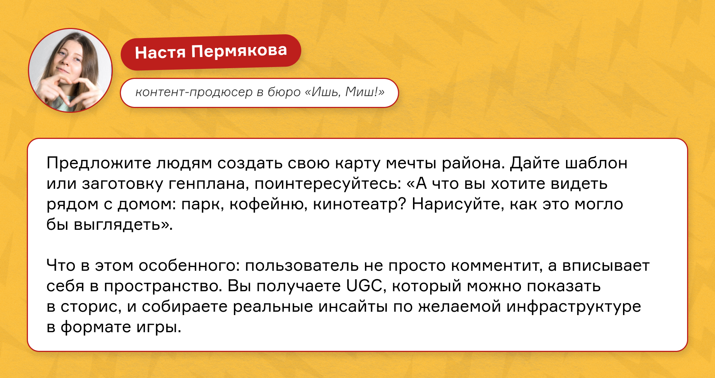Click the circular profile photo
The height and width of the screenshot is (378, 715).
(70, 70)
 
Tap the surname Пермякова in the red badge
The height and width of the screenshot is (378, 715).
(239, 51)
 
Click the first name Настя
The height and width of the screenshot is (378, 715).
(160, 53)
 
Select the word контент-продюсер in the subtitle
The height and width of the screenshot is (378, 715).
(194, 92)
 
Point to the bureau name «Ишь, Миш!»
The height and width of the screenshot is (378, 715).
(345, 92)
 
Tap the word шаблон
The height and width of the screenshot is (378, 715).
(596, 163)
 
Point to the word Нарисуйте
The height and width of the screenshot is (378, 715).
(458, 204)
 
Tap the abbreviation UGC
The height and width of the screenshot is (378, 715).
(365, 286)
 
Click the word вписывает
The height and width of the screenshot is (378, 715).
(606, 266)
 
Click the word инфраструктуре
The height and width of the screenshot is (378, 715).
(573, 307)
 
